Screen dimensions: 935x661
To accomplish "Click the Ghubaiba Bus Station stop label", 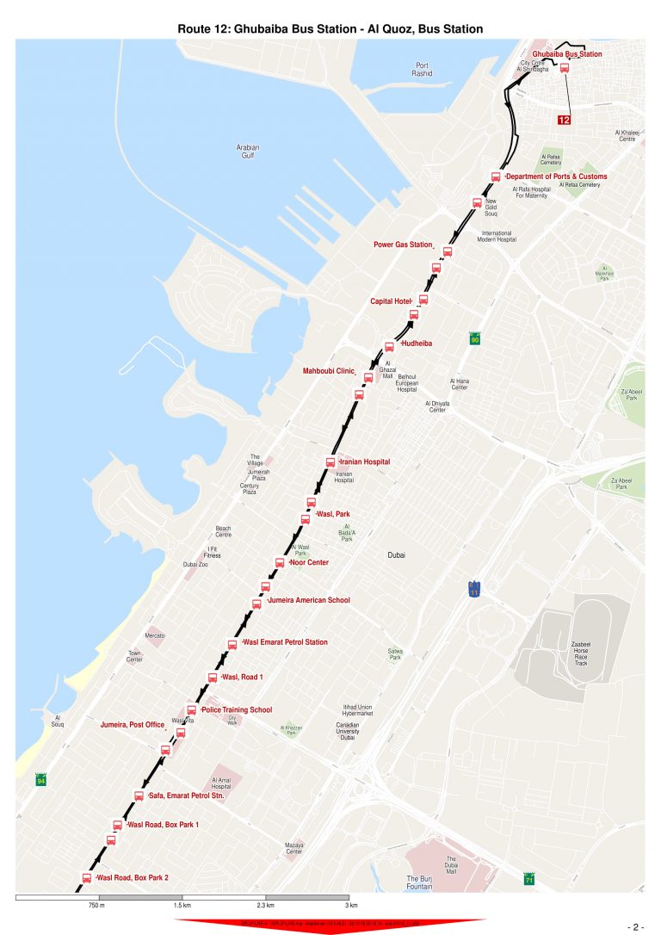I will click(566, 54).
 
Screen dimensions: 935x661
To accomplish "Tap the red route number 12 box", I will click(565, 120).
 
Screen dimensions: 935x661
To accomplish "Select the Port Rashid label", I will click(422, 70).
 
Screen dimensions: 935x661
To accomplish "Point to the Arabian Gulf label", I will click(247, 152).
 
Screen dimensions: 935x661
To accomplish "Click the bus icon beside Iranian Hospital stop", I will click(330, 462).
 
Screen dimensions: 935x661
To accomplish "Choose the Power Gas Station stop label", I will click(402, 245).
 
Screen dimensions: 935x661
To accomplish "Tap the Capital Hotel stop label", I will click(391, 301).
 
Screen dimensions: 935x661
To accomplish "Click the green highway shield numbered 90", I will click(474, 339).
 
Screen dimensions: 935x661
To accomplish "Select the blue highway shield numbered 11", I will click(474, 590).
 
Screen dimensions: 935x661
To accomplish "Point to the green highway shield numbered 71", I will click(529, 880).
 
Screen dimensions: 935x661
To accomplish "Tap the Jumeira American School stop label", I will click(308, 600).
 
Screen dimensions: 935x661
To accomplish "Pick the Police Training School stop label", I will click(236, 710).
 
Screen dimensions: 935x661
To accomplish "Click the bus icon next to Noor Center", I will click(279, 563).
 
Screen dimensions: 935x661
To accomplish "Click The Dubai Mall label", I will click(450, 864).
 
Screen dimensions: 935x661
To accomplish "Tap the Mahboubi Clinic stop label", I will click(328, 371).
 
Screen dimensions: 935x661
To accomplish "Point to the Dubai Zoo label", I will click(195, 565).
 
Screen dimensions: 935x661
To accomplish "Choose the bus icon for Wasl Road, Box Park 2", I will click(87, 878).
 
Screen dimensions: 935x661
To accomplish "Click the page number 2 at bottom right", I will click(636, 927).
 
